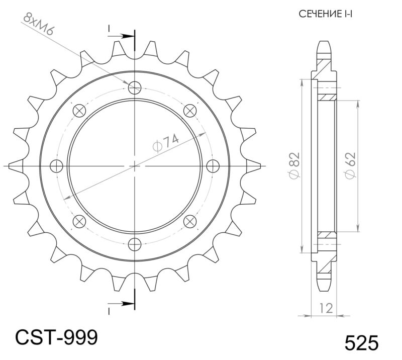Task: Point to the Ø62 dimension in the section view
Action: [350, 165]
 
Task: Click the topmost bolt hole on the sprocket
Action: [135, 88]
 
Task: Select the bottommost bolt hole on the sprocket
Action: [135, 244]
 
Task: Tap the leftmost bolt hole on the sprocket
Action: [57, 165]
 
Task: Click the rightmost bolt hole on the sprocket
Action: [213, 165]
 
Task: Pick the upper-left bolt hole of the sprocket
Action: [79, 111]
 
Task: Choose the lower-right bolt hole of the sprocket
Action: [190, 221]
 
